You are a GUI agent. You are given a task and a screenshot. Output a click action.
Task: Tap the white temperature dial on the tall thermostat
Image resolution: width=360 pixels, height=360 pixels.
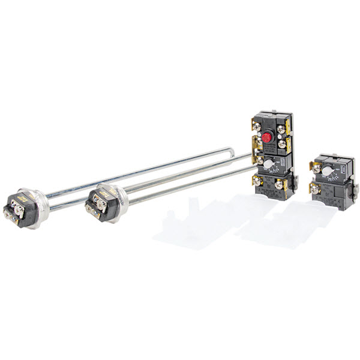point(269,164)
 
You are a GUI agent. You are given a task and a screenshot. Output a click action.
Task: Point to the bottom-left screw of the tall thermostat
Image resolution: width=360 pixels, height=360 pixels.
point(258,180)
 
